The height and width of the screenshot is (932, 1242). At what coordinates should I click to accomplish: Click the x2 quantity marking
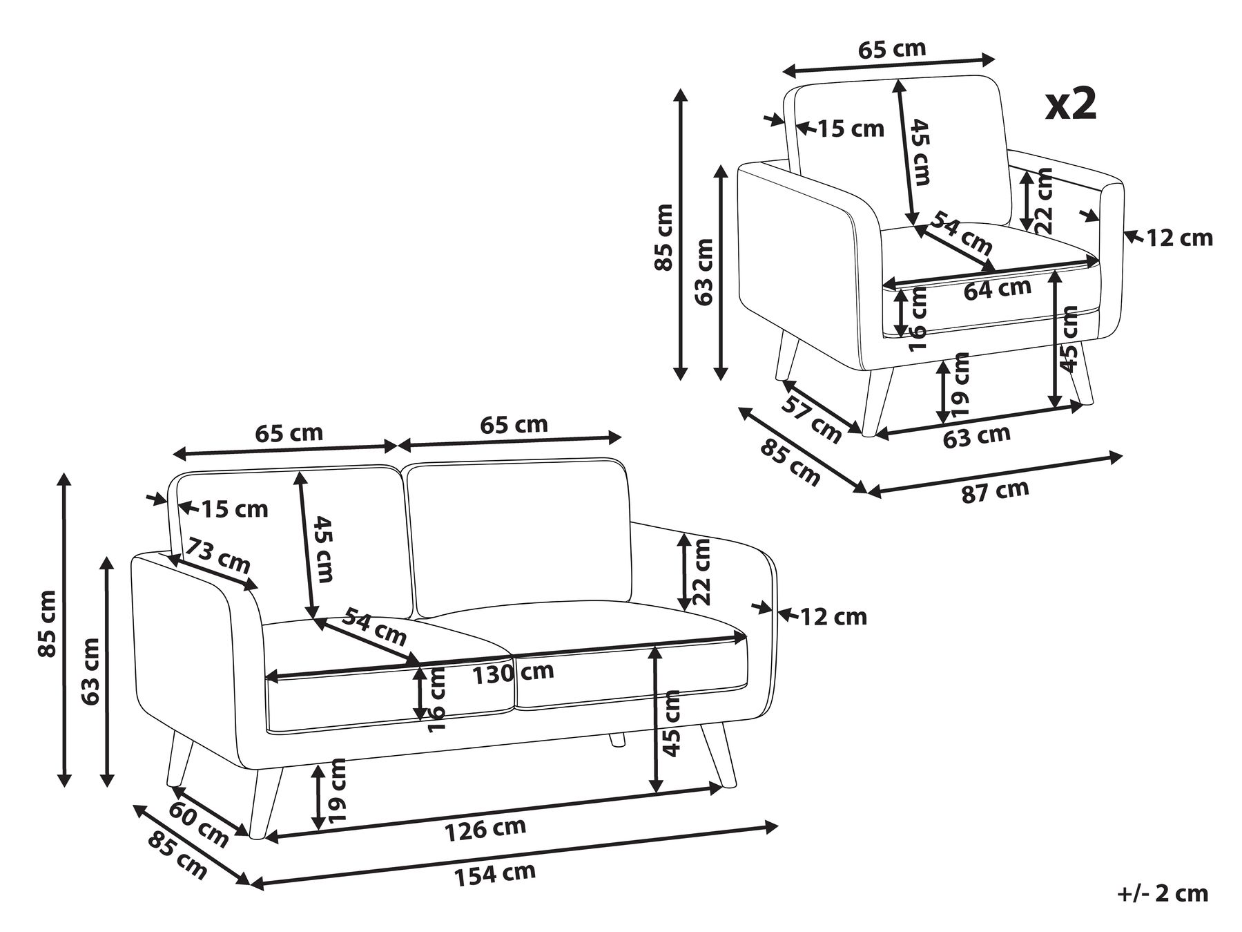pyautogui.click(x=1070, y=105)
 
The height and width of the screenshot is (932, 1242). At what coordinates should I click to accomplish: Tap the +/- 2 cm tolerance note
pyautogui.click(x=1163, y=893)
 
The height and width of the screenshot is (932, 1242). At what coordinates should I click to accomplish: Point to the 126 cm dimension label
pyautogui.click(x=485, y=828)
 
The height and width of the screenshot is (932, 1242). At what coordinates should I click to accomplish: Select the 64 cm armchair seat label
pyautogui.click(x=997, y=289)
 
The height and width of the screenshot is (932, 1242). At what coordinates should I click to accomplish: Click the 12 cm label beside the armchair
pyautogui.click(x=1179, y=238)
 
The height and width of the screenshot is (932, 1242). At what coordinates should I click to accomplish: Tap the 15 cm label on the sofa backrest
pyautogui.click(x=234, y=510)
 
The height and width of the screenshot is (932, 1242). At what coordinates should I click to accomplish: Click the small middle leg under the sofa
pyautogui.click(x=617, y=739)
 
